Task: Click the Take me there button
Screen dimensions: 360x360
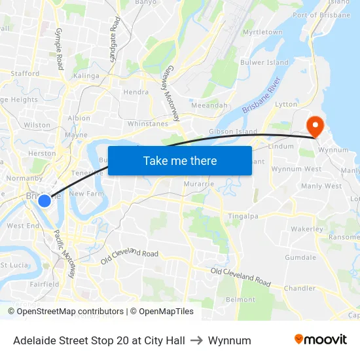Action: point(180,160)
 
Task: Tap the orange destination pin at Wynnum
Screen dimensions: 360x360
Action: point(315,124)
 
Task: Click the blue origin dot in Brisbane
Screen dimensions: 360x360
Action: point(44,200)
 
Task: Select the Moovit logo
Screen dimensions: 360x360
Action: point(321,339)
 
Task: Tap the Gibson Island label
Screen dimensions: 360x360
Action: point(232,132)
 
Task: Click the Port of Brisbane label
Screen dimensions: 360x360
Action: point(321,15)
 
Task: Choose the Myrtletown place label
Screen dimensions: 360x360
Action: point(262,32)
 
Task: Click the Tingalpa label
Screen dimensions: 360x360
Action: point(244,217)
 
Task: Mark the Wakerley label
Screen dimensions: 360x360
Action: point(307,230)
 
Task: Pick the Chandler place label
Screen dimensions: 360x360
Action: point(300,288)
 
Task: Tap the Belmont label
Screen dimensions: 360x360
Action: point(240,299)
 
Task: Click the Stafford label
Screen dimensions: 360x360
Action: point(25,74)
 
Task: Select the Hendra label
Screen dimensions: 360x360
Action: point(135,92)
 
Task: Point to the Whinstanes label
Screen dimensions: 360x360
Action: point(149,123)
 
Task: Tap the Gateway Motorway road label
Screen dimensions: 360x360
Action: point(171,92)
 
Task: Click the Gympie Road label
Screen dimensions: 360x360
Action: point(59,49)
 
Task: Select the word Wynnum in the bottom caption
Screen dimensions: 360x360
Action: point(229,340)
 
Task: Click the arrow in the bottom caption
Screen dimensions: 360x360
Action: point(196,340)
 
